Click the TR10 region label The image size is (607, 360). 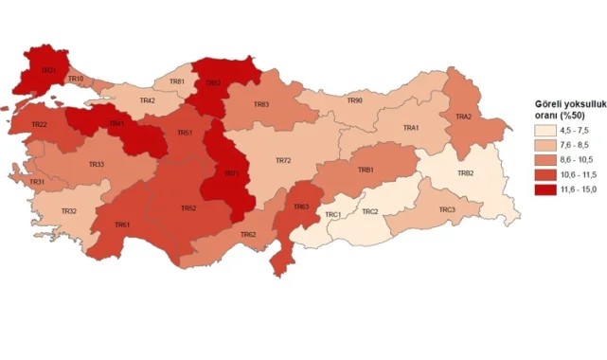[77, 78]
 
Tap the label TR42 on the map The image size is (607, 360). [147, 100]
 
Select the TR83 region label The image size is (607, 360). [260, 104]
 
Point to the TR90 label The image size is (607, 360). [354, 100]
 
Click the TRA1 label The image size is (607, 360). [411, 128]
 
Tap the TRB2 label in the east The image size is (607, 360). [465, 173]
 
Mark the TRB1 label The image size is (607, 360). [365, 170]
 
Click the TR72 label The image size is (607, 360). [282, 161]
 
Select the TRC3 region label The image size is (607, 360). [446, 209]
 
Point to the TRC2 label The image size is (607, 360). [369, 211]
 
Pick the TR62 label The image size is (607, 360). [248, 234]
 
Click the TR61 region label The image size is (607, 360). [121, 225]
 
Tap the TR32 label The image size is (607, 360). [68, 210]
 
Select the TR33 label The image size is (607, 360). [97, 165]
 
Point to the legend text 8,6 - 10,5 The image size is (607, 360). [580, 160]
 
